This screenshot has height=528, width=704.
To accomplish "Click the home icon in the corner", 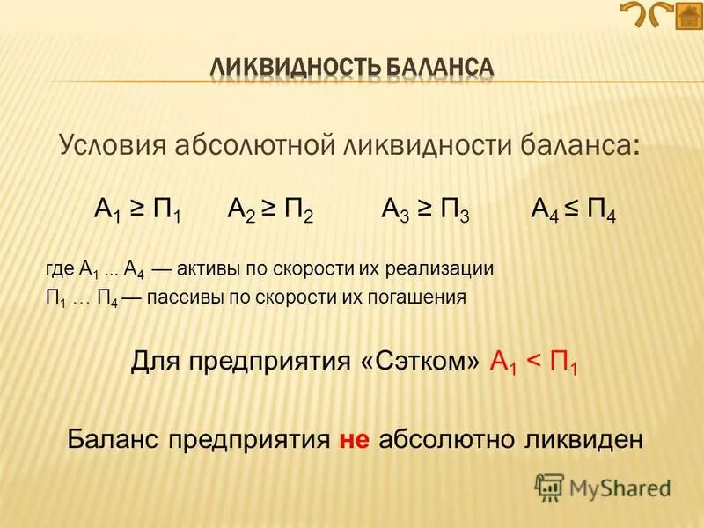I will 689,17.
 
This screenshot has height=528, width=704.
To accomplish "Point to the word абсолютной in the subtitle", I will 254,144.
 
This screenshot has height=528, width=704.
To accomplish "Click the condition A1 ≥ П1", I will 137,211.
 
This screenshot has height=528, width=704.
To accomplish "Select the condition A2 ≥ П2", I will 271,211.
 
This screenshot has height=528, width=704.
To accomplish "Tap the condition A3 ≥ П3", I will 426,211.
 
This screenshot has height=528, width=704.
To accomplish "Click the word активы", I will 212,268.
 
